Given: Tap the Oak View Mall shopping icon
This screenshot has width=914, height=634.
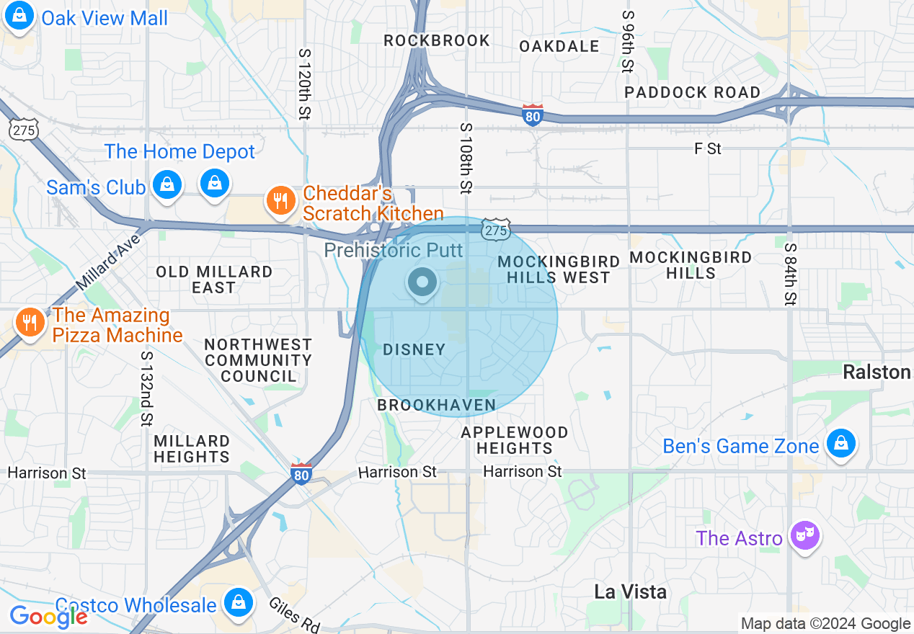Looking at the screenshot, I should click(x=19, y=17).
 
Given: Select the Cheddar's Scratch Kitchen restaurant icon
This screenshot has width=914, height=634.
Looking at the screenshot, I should click(x=281, y=201).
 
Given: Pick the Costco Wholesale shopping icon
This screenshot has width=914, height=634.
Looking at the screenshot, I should click(x=238, y=602).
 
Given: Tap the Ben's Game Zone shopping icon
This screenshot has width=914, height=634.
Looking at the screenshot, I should click(x=840, y=442).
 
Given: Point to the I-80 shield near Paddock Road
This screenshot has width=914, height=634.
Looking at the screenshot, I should click(x=533, y=115).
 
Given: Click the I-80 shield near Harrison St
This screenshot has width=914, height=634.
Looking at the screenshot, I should click(x=302, y=473).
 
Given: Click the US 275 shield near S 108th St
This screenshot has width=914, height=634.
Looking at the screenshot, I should click(x=496, y=229).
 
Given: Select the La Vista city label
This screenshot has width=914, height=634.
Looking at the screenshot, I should click(x=630, y=592).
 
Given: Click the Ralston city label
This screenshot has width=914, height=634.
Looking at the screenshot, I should click(x=877, y=372).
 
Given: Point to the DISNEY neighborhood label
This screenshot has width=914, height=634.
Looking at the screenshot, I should click(x=414, y=350).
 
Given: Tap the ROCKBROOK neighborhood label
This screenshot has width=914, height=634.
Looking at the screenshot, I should click(x=437, y=41).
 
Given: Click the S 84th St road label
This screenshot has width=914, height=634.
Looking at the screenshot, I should click(x=791, y=273).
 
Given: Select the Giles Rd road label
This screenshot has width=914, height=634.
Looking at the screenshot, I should click(x=294, y=615).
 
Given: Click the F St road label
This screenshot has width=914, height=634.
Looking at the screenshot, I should click(x=708, y=149).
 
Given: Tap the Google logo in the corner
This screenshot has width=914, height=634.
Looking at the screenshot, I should click(x=48, y=617).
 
